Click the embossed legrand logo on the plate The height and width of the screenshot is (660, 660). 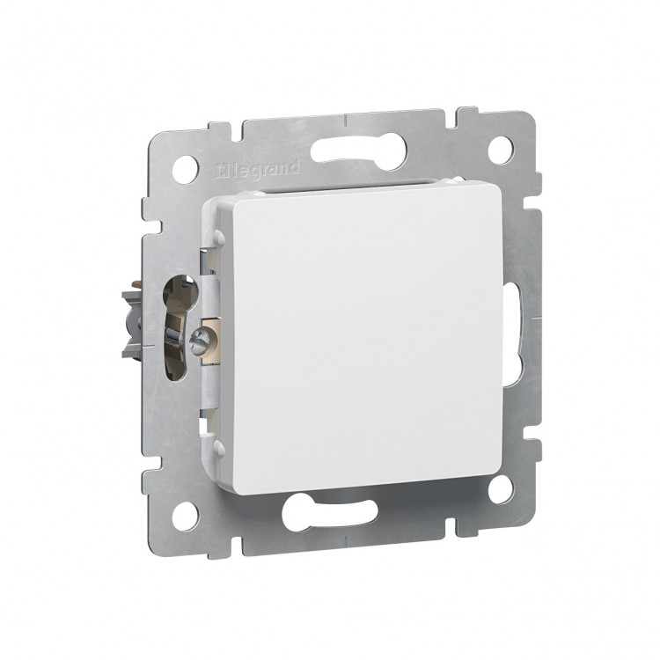(x=258, y=170)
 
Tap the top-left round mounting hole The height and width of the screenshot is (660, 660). (x=185, y=169)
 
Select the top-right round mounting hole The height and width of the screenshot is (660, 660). (x=501, y=149)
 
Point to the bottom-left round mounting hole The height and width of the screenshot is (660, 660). (x=185, y=516)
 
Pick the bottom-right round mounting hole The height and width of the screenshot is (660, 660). (x=501, y=488)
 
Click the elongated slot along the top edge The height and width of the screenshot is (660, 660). (x=359, y=150)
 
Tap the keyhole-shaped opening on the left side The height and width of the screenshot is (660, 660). (x=180, y=328)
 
